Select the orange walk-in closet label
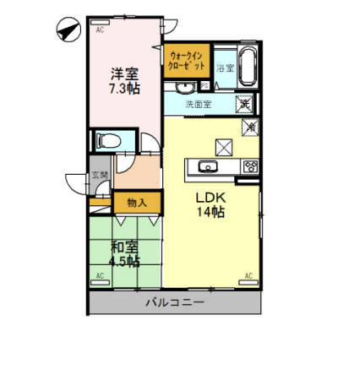(186, 61)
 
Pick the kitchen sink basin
(208, 166)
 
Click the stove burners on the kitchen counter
(250, 166)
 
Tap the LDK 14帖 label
(210, 205)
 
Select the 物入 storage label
(137, 202)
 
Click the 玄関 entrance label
(100, 175)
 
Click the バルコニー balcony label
(174, 301)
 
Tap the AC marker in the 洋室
(100, 30)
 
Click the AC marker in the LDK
(249, 275)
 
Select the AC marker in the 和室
(100, 275)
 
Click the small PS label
(205, 85)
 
